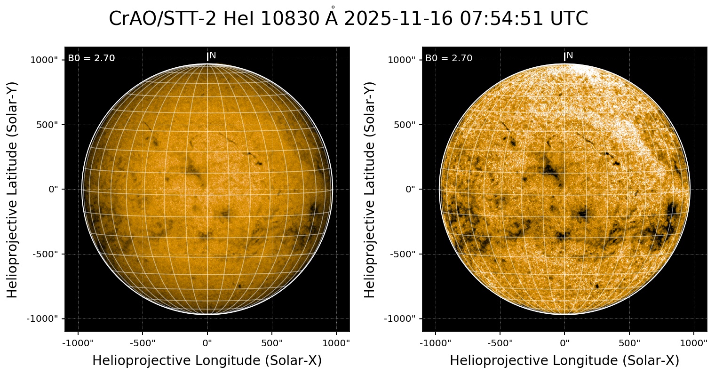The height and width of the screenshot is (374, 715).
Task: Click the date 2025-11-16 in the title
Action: [398, 19]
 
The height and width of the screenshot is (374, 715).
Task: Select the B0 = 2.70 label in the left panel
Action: [91, 58]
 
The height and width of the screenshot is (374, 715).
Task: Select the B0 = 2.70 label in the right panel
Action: [449, 58]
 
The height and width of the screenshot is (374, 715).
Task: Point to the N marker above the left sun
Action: [213, 56]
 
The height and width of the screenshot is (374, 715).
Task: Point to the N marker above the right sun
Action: [570, 56]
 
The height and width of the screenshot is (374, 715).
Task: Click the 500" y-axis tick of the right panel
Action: [405, 125]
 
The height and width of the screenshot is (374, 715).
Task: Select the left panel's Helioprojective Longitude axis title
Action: [207, 361]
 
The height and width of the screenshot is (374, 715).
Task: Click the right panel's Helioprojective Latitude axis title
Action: [370, 189]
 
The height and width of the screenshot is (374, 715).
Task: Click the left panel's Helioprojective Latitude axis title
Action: [13, 189]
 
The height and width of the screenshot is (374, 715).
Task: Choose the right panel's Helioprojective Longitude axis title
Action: [564, 361]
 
